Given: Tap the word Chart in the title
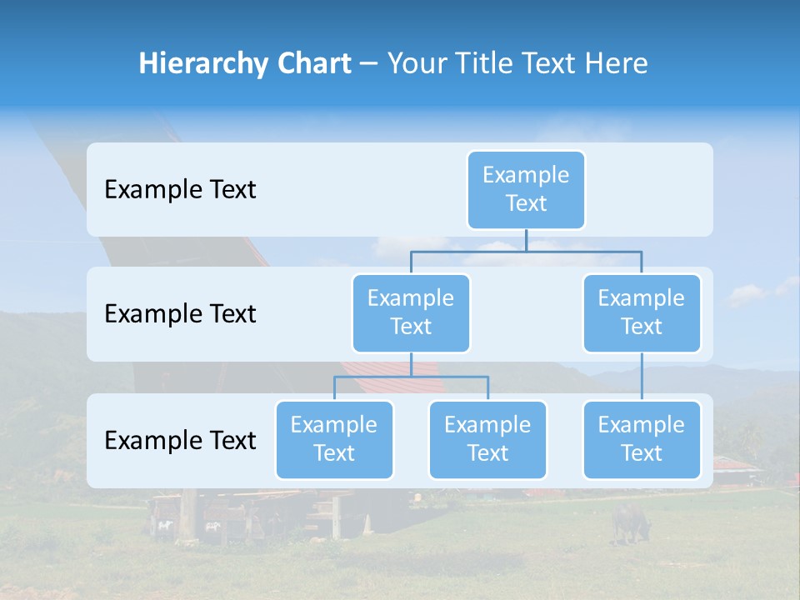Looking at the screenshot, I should point(313,63).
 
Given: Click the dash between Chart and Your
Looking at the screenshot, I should point(369,64).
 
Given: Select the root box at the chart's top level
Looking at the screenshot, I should point(526,189).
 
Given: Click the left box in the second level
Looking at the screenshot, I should point(411,312).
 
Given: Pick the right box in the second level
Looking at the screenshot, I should point(642,312).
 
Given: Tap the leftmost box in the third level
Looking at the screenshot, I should point(334,439).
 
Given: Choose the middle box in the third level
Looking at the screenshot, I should point(487,439).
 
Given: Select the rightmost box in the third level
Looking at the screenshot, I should point(642,439).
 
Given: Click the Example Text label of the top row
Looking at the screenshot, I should point(180,190).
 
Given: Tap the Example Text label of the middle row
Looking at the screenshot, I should point(180,314).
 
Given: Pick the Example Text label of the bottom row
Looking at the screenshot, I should point(180,440).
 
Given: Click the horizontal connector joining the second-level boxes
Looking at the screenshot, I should point(583,251).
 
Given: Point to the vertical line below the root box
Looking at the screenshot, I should point(526,240).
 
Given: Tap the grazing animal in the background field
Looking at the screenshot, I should point(630,522).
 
